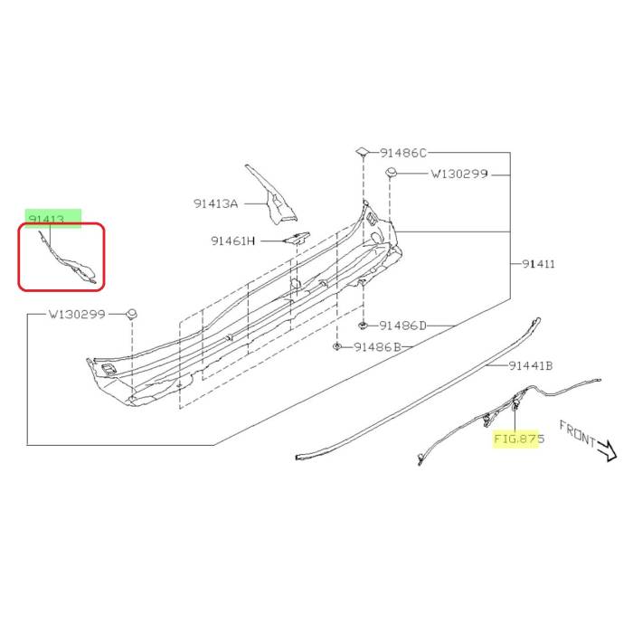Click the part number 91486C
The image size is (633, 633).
(x=403, y=153)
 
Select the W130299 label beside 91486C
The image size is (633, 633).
(x=459, y=174)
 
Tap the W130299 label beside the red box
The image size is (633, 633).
(x=77, y=314)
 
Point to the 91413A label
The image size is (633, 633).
(x=216, y=203)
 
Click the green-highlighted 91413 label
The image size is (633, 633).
(x=46, y=219)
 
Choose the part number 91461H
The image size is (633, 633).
(x=233, y=241)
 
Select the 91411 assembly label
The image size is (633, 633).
(x=539, y=264)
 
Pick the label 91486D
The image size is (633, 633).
(x=402, y=326)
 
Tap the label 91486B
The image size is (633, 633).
(x=377, y=346)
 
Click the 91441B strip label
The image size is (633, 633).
(x=531, y=365)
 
